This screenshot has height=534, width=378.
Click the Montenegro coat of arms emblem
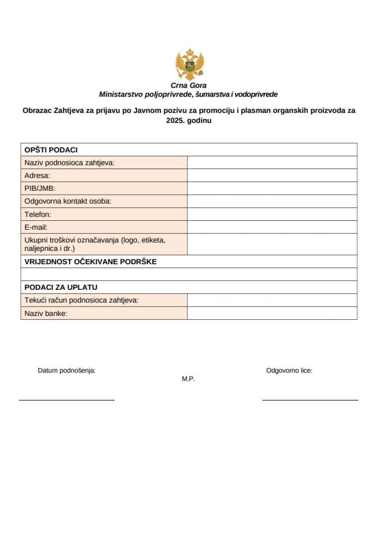pyautogui.click(x=189, y=65)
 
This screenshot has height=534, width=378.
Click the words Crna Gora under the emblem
pyautogui.click(x=189, y=86)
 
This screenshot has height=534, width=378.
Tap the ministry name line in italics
pyautogui.click(x=189, y=95)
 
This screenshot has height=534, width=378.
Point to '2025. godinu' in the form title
pyautogui.click(x=189, y=120)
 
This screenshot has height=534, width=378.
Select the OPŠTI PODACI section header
pyautogui.click(x=51, y=150)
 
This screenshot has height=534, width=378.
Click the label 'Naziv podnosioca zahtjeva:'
pyautogui.click(x=69, y=162)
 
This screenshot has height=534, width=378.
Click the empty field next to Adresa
pyautogui.click(x=272, y=175)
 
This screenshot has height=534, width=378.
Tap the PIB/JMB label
pyautogui.click(x=40, y=188)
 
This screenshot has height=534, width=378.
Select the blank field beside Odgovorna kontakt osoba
pyautogui.click(x=272, y=201)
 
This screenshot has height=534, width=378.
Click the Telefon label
pyautogui.click(x=38, y=214)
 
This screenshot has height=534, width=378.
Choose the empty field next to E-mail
pyautogui.click(x=272, y=227)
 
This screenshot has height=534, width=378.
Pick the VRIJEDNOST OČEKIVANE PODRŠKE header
pyautogui.click(x=90, y=261)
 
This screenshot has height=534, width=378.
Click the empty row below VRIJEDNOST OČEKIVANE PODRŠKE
pyautogui.click(x=189, y=274)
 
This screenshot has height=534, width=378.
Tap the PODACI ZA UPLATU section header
pyautogui.click(x=61, y=287)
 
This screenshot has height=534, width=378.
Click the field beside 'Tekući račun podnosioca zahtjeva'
pyautogui.click(x=272, y=300)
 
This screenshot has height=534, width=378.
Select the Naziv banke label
pyautogui.click(x=46, y=313)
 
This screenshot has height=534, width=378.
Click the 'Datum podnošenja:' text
pyautogui.click(x=66, y=370)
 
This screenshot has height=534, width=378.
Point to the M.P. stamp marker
pyautogui.click(x=188, y=379)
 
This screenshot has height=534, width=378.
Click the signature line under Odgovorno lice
pyautogui.click(x=310, y=399)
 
